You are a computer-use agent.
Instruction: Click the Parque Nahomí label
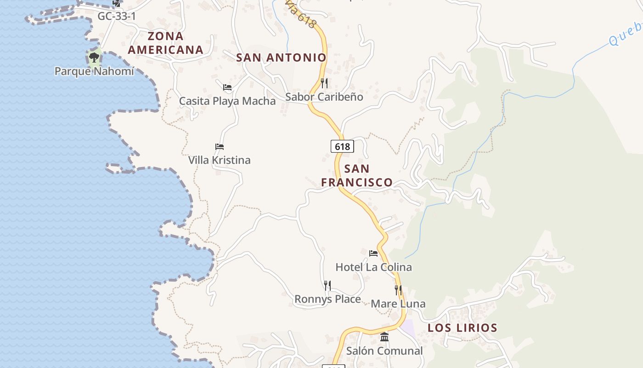coord(94,71)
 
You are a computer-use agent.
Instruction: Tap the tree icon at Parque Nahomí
coord(94,58)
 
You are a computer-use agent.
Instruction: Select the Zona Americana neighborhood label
coord(165,43)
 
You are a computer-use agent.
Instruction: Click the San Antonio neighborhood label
coord(281,57)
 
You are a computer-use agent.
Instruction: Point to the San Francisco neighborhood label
coord(357,176)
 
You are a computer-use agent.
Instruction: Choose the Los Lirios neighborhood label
coord(463,328)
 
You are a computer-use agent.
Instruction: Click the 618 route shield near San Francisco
coord(342,147)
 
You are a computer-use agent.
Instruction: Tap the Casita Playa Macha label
coord(227,101)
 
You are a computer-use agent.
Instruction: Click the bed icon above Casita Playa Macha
coord(227,87)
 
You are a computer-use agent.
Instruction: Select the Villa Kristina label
coord(220,160)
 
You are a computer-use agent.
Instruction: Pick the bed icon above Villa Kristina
coord(220,147)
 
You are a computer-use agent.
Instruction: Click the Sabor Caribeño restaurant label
coord(324,97)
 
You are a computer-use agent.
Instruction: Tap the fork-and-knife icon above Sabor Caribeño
coord(324,83)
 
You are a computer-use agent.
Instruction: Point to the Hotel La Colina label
coord(373,267)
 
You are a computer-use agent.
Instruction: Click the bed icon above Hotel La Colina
coord(373,253)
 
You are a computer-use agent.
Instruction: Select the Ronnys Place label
coord(327,299)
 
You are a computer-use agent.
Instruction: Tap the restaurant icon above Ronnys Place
coord(327,286)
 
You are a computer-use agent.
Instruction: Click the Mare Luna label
coord(398,304)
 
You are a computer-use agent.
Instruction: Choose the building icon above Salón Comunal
coord(384,337)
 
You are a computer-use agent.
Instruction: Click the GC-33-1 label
coord(116,17)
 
